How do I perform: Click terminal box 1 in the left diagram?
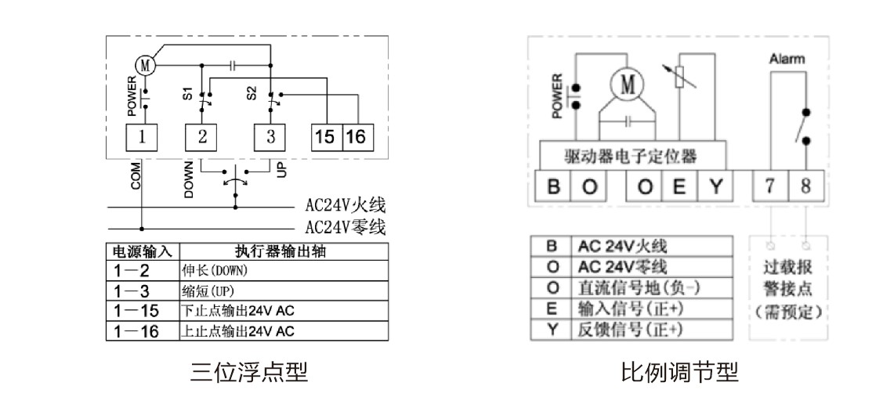tap(141, 137)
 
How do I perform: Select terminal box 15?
tap(326, 137)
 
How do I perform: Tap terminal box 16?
tap(357, 137)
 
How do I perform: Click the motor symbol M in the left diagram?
tap(145, 66)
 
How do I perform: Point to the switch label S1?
tap(187, 94)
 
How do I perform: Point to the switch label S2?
tap(252, 94)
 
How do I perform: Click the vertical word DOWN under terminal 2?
tap(190, 179)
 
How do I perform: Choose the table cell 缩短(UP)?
tap(284, 291)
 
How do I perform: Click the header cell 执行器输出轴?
tap(284, 251)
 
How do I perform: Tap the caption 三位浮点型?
tap(250, 373)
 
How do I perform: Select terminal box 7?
tap(769, 186)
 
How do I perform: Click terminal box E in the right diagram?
tap(679, 186)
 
